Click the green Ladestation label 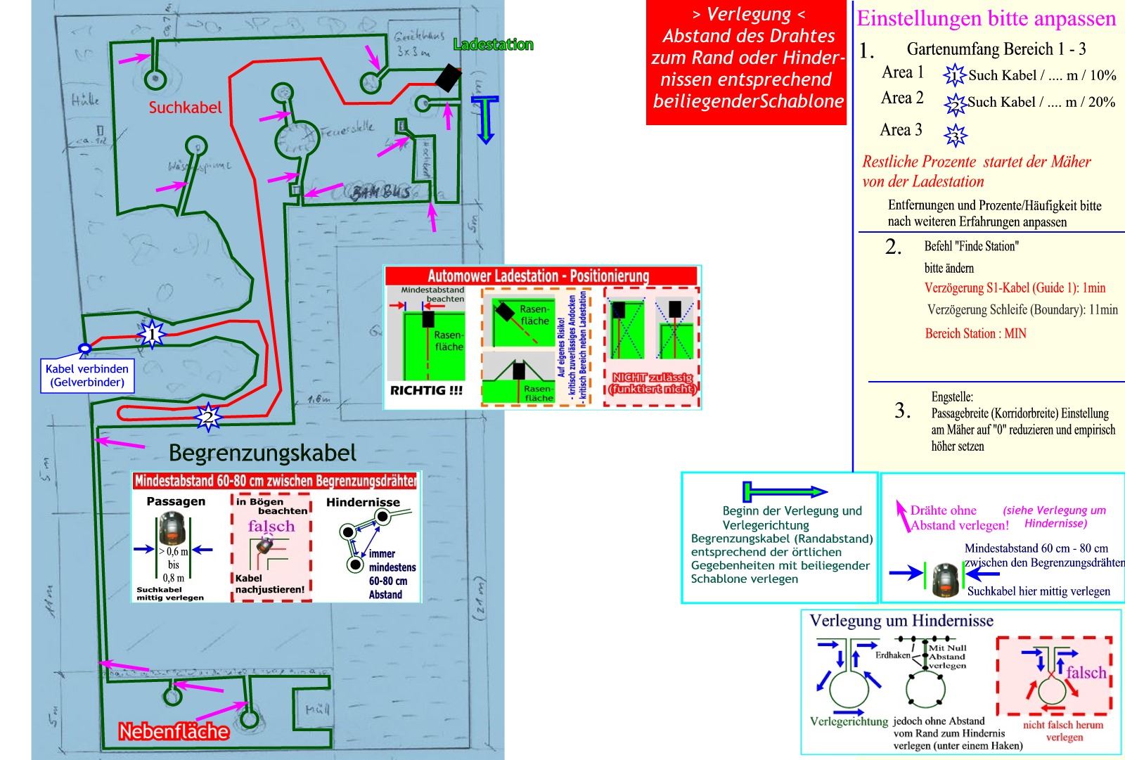click(x=493, y=45)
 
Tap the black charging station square click(x=447, y=77)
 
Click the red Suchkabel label click(x=185, y=108)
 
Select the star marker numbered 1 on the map click(x=152, y=334)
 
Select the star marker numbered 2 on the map click(x=207, y=417)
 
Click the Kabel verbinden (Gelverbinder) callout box click(x=87, y=375)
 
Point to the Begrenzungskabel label click(x=262, y=453)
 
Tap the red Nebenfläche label click(x=174, y=732)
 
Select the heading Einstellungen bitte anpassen click(x=986, y=18)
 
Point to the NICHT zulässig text click(x=652, y=383)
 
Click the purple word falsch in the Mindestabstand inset click(x=271, y=526)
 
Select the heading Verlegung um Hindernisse click(x=901, y=621)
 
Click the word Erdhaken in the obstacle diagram click(x=892, y=655)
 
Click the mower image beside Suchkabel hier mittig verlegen click(x=946, y=580)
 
